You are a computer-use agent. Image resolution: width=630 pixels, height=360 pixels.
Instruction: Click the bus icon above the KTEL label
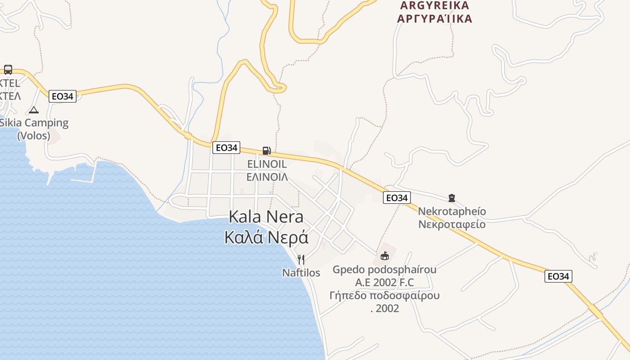tap(8, 69)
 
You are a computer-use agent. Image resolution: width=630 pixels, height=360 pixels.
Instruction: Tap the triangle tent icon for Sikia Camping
tap(34, 110)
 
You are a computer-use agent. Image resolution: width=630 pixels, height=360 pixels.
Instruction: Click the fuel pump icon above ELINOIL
tap(266, 151)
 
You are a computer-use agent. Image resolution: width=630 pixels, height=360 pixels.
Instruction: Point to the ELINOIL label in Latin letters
tap(267, 164)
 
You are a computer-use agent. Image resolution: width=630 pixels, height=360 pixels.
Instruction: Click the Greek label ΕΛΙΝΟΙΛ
tap(267, 177)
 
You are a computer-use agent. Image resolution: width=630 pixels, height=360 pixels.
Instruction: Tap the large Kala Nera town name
tap(266, 216)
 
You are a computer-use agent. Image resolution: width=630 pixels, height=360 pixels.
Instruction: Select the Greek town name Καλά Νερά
tap(266, 237)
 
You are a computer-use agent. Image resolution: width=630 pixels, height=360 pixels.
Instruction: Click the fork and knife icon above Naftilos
tap(301, 260)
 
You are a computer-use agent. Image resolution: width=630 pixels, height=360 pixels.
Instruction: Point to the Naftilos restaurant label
tap(301, 273)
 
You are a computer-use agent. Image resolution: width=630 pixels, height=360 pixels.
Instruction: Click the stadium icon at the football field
tap(384, 256)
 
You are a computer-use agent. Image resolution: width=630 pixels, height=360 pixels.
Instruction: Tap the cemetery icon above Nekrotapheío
tap(452, 198)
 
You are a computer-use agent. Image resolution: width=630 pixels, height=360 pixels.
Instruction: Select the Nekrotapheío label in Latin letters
tap(452, 211)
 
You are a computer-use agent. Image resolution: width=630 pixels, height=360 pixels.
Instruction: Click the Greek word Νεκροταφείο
tap(452, 224)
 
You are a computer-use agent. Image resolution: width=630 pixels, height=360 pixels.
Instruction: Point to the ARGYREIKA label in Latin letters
tap(434, 5)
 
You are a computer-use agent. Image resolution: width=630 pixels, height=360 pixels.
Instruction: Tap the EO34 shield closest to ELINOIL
tap(226, 148)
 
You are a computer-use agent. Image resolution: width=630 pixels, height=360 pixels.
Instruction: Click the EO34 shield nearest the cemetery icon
tap(396, 198)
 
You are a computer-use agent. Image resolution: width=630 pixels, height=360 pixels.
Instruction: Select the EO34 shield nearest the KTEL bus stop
tap(63, 96)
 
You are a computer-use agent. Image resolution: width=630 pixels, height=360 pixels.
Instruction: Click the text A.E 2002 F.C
tap(384, 283)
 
